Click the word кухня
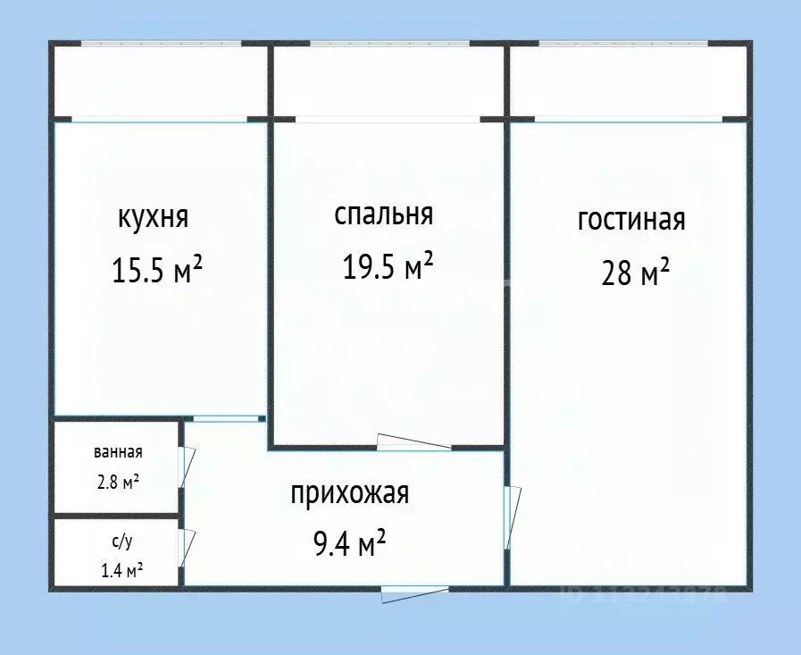pyautogui.click(x=152, y=218)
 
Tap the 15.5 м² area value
pyautogui.click(x=157, y=269)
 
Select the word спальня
pyautogui.click(x=384, y=214)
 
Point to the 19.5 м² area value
pyautogui.click(x=388, y=265)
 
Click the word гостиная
pyautogui.click(x=631, y=220)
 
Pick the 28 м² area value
pyautogui.click(x=635, y=273)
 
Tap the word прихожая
pyautogui.click(x=349, y=492)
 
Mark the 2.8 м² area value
pyautogui.click(x=118, y=482)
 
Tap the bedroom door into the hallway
pyautogui.click(x=413, y=441)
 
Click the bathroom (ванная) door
pyautogui.click(x=187, y=465)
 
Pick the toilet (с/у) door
pyautogui.click(x=188, y=547)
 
